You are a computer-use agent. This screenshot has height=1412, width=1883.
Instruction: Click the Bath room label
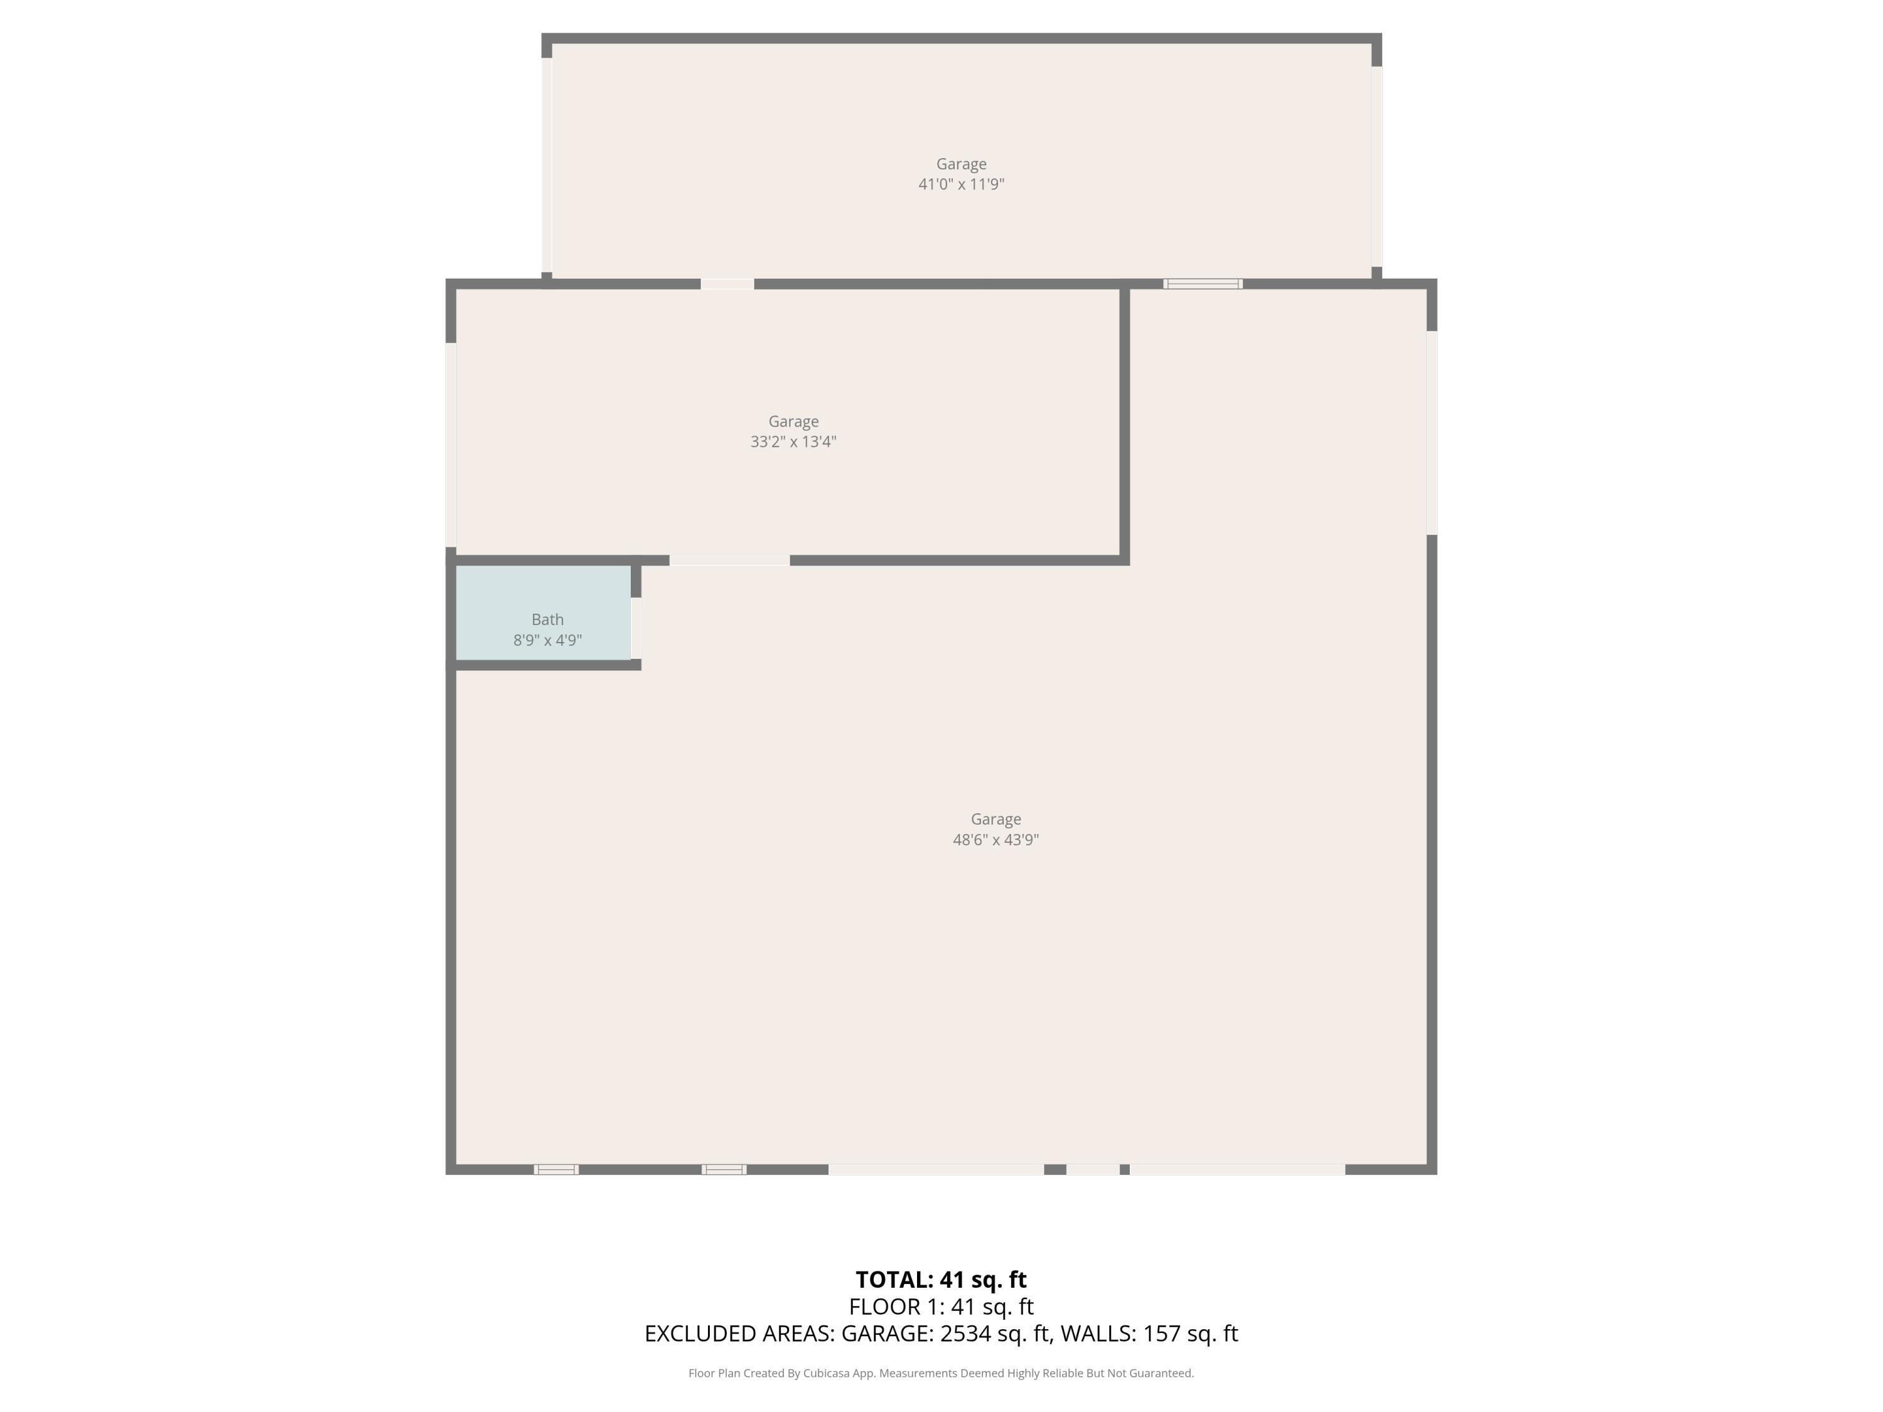coord(547,619)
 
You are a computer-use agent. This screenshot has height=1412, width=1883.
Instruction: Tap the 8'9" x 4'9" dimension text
coord(547,640)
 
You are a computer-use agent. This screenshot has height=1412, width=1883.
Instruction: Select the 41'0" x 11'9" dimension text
coord(961,184)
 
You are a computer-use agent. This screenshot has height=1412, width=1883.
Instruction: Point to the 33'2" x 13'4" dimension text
coord(793,442)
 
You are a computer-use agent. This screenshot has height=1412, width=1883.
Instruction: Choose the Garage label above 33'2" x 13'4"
coord(793,421)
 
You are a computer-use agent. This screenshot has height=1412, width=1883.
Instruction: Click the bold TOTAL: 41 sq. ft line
coord(941,1279)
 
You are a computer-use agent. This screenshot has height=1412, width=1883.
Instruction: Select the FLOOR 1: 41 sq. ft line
coord(941,1307)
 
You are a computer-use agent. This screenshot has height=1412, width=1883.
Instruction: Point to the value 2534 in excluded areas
coord(965,1334)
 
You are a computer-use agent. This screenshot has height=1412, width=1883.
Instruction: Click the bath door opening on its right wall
coord(636,628)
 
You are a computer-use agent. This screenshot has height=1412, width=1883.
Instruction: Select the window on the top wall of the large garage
coord(1203,284)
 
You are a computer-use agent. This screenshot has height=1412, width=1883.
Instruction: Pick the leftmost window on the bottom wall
coord(556,1169)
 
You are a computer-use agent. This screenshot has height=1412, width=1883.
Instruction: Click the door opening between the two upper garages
coord(727,284)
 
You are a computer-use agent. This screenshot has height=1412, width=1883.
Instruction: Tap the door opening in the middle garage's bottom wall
coord(729,560)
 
